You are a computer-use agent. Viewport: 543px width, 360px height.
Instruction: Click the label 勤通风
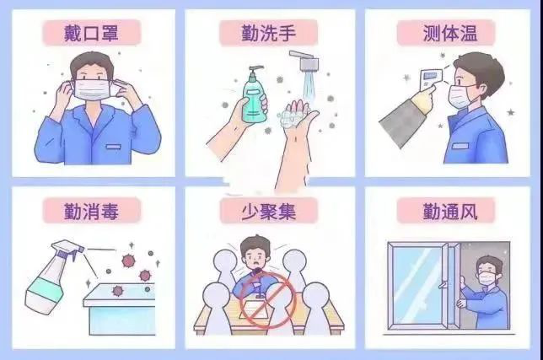tap(449, 210)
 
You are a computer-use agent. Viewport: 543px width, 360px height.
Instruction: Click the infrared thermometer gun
tap(427, 79)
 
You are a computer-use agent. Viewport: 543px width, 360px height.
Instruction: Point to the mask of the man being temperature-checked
tap(460, 95)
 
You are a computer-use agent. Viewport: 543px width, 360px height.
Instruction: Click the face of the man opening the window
tap(487, 272)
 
